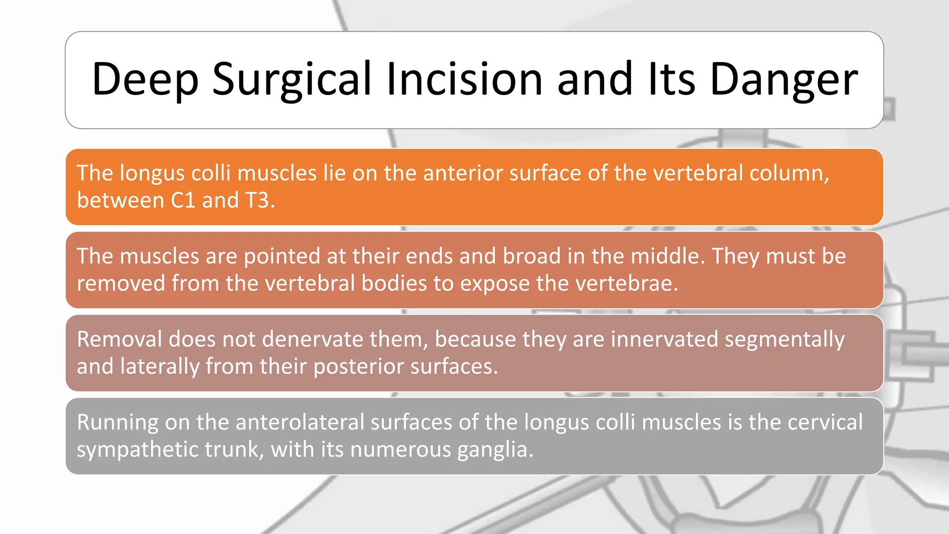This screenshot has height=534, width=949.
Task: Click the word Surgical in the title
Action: click(x=292, y=80)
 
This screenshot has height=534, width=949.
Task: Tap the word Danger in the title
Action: click(x=784, y=80)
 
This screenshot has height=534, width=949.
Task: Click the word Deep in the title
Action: click(x=145, y=80)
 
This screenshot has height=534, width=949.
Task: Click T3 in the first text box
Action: click(x=259, y=200)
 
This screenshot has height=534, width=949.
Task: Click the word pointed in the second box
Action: click(x=282, y=256)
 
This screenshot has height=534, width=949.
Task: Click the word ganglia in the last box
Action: click(x=494, y=450)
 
